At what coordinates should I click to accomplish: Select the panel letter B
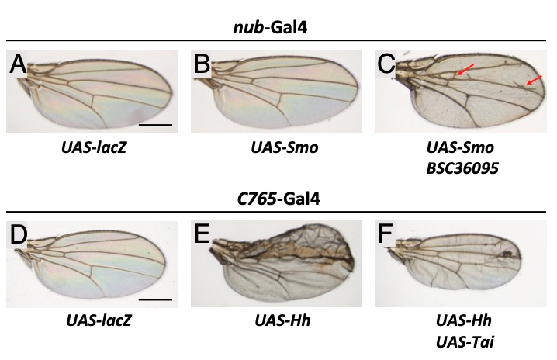[x=203, y=65]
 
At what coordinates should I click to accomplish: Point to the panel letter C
[x=386, y=65]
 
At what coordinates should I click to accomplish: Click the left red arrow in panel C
[x=464, y=71]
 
